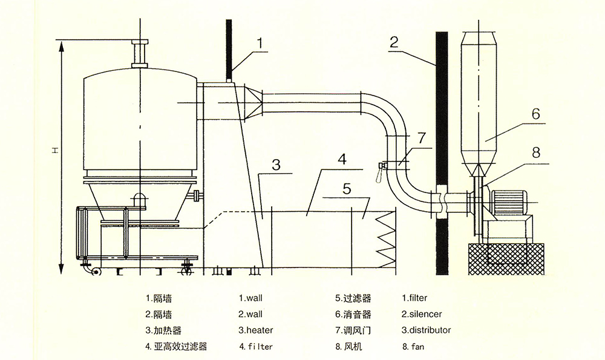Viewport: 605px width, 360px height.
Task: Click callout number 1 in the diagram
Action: (x=260, y=43)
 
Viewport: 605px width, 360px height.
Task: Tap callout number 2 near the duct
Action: (x=394, y=42)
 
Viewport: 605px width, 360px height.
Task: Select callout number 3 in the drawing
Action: (x=276, y=165)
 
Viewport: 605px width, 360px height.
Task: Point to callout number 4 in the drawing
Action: (x=342, y=160)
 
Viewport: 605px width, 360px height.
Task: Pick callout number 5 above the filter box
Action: (x=347, y=188)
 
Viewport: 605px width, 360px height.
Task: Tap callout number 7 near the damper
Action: (x=422, y=139)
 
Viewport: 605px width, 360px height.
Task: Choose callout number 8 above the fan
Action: (x=535, y=153)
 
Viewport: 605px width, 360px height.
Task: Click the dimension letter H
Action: (x=54, y=149)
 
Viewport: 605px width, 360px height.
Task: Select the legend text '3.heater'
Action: (x=255, y=330)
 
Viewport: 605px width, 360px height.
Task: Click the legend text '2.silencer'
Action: (x=422, y=314)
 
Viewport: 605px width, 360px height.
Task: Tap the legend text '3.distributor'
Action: (x=426, y=330)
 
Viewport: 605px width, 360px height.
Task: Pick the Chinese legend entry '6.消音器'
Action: (x=353, y=314)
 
